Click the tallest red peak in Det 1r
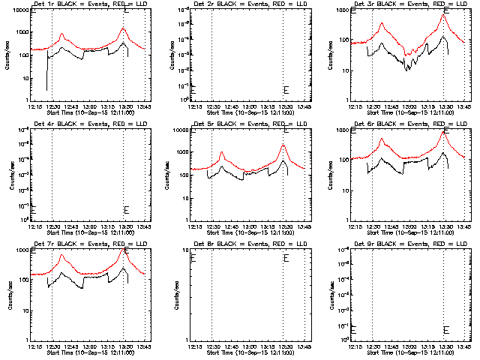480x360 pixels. click(x=123, y=28)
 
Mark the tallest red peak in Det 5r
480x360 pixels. click(x=283, y=145)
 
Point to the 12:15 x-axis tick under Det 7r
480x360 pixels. click(x=34, y=347)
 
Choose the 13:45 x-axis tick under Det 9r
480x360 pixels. click(x=465, y=347)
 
